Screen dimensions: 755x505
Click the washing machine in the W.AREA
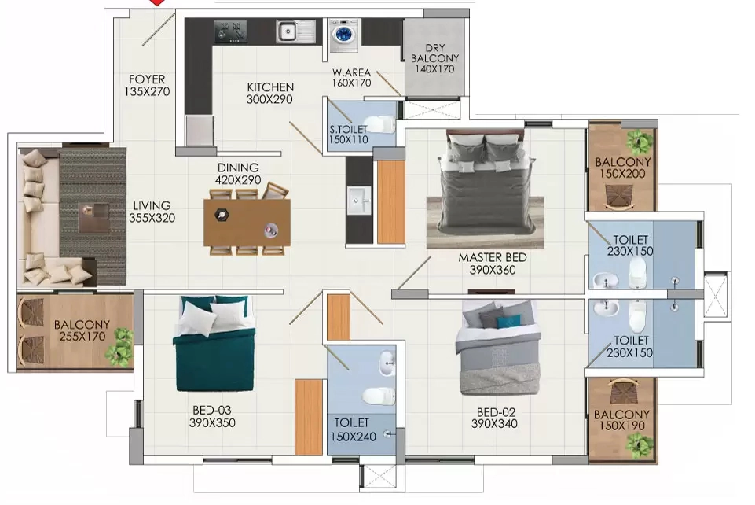344,35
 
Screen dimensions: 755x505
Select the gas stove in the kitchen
230,31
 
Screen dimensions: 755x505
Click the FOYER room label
147,79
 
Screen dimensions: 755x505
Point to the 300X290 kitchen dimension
269,99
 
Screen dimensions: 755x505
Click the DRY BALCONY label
434,53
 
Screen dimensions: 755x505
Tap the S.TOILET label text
348,129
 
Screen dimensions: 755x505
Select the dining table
247,222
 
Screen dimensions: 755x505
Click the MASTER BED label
493,257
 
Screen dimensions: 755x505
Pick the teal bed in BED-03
214,343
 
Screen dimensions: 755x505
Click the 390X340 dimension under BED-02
494,424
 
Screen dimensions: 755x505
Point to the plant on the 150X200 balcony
640,141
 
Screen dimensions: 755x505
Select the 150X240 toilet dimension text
353,437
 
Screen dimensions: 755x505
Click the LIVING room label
152,205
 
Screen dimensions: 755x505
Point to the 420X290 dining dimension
238,180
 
